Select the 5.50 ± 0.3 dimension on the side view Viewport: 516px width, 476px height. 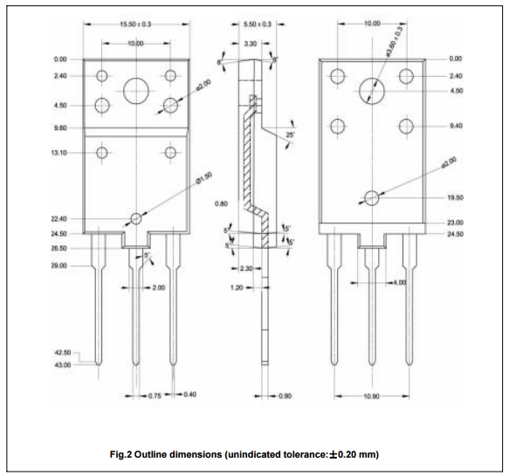[x=257, y=24]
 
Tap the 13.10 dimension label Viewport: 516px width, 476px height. [x=60, y=151]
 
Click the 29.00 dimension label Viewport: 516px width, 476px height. [x=60, y=264]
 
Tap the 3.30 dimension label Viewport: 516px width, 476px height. [x=249, y=43]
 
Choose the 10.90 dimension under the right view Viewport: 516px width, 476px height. [x=372, y=396]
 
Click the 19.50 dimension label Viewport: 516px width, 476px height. [x=455, y=198]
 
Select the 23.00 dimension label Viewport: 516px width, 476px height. [x=455, y=224]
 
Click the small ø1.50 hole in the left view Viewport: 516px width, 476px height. [x=135, y=217]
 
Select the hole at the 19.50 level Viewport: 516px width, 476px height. [x=373, y=198]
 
